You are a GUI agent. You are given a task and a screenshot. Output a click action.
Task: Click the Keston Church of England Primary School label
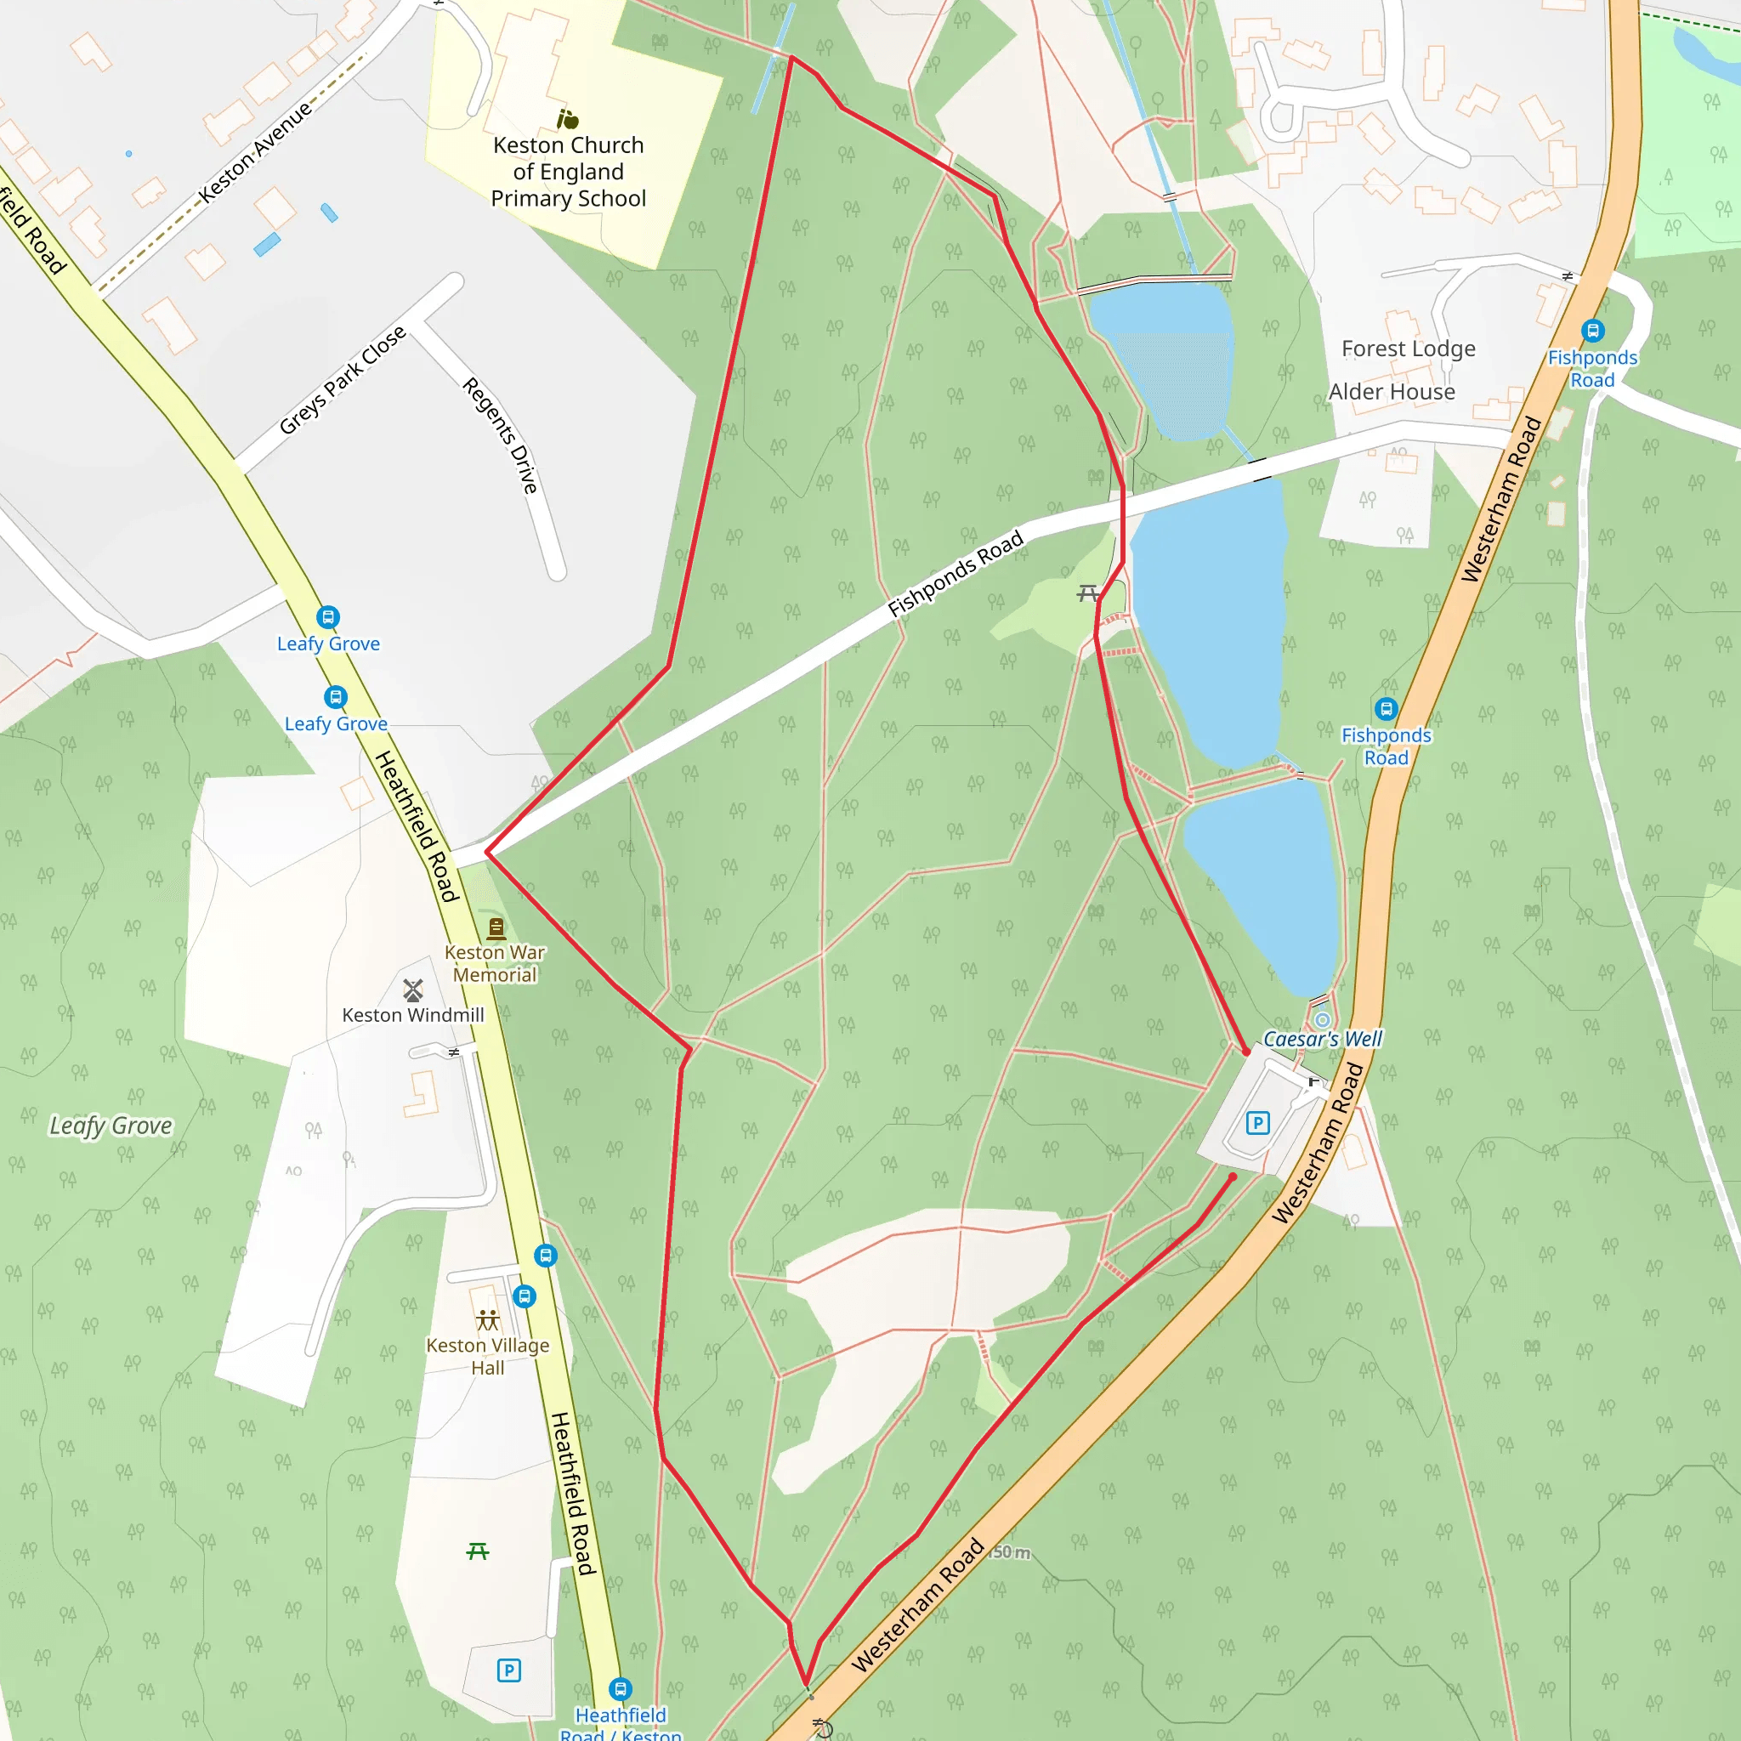[569, 171]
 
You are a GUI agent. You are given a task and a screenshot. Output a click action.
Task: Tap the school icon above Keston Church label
[567, 119]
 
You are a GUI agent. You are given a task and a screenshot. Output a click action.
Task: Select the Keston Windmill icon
[412, 990]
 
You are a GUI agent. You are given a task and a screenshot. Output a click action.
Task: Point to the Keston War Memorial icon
[496, 927]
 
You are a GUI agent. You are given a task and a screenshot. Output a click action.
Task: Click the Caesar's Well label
[1322, 1039]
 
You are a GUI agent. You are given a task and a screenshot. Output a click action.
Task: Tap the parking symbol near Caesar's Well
[1257, 1123]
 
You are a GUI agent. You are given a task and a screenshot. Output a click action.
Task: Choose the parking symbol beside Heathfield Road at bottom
[508, 1670]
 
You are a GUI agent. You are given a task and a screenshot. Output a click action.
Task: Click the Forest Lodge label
[1408, 349]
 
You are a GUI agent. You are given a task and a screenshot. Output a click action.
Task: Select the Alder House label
[1392, 392]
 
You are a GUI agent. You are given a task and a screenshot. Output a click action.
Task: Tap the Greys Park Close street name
[343, 380]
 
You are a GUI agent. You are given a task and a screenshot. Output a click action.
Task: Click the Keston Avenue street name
[255, 151]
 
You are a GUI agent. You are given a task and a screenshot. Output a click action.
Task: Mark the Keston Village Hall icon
[487, 1320]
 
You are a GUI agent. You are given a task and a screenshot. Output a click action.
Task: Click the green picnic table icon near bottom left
[478, 1551]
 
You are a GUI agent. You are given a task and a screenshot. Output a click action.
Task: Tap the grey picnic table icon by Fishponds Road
[1087, 593]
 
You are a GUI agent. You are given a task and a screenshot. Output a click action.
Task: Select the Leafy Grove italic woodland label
[110, 1126]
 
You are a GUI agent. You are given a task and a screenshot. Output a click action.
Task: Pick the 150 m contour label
[1010, 1552]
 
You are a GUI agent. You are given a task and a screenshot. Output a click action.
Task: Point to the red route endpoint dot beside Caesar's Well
[1246, 1052]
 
